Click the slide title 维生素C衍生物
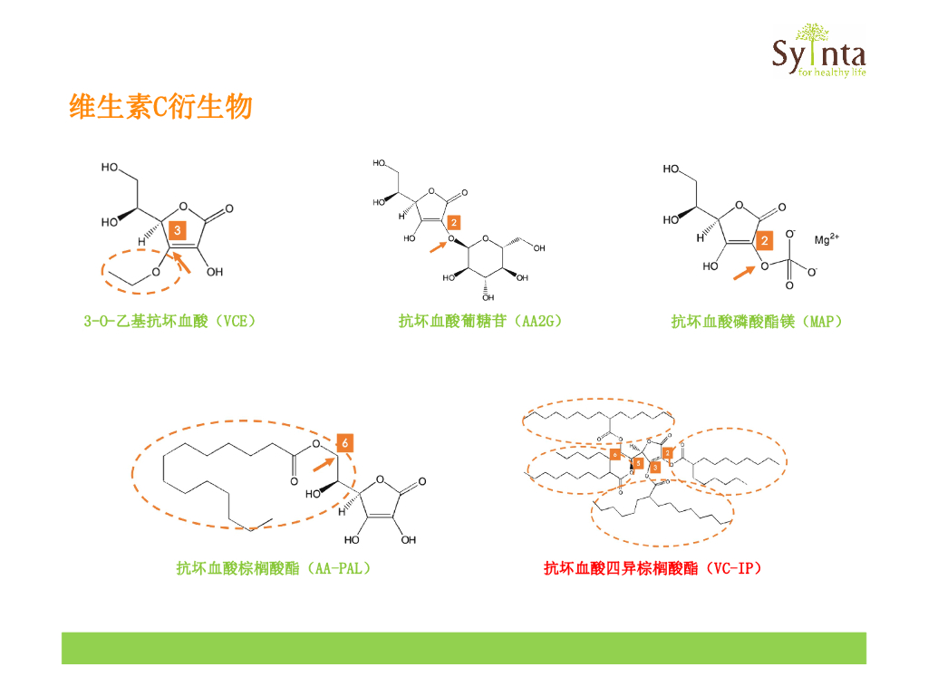160,108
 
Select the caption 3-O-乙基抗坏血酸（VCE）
170,321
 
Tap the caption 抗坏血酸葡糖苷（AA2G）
480,321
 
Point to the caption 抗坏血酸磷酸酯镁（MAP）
756,321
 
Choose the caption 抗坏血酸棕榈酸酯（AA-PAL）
274,568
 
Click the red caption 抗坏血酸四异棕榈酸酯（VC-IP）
652,568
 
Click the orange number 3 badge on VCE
179,231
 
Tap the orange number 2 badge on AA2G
453,221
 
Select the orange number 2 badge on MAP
765,241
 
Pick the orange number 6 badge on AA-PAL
344,443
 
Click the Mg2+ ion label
826,240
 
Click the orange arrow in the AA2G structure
437,244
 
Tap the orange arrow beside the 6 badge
322,463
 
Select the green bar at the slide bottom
463,648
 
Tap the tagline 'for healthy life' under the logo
826,72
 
